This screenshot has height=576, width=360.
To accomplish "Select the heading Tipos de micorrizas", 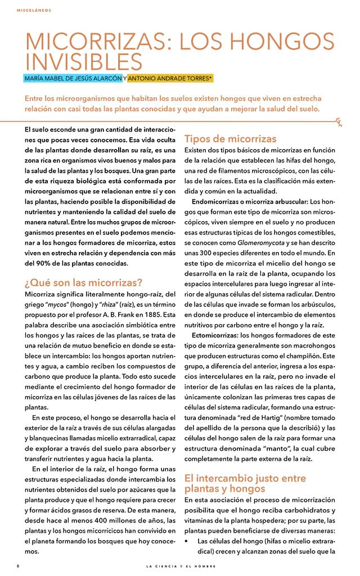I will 230,138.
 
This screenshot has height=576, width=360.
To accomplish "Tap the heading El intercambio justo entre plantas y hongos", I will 245,483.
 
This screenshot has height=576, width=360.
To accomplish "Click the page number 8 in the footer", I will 18,565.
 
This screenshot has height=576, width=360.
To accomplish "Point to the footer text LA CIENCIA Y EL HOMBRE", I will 179,565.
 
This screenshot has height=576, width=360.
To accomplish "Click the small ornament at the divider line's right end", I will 339,119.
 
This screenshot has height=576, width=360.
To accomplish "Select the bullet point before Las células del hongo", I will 187,541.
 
